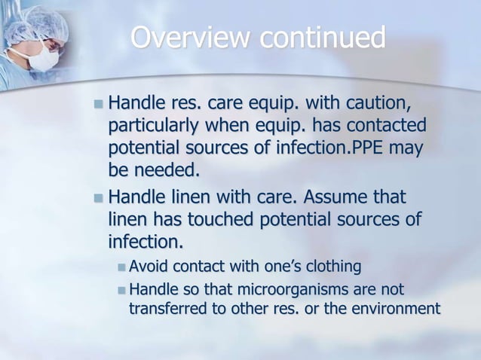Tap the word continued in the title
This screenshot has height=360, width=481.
(x=325, y=38)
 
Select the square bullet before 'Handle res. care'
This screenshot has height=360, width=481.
(x=98, y=102)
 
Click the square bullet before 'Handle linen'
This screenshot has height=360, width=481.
(x=98, y=198)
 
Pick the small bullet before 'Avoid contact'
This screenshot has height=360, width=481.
(x=123, y=267)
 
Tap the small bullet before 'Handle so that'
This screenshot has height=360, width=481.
(x=123, y=288)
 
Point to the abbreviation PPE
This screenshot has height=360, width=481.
(x=372, y=148)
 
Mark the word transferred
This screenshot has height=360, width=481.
(x=167, y=309)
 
